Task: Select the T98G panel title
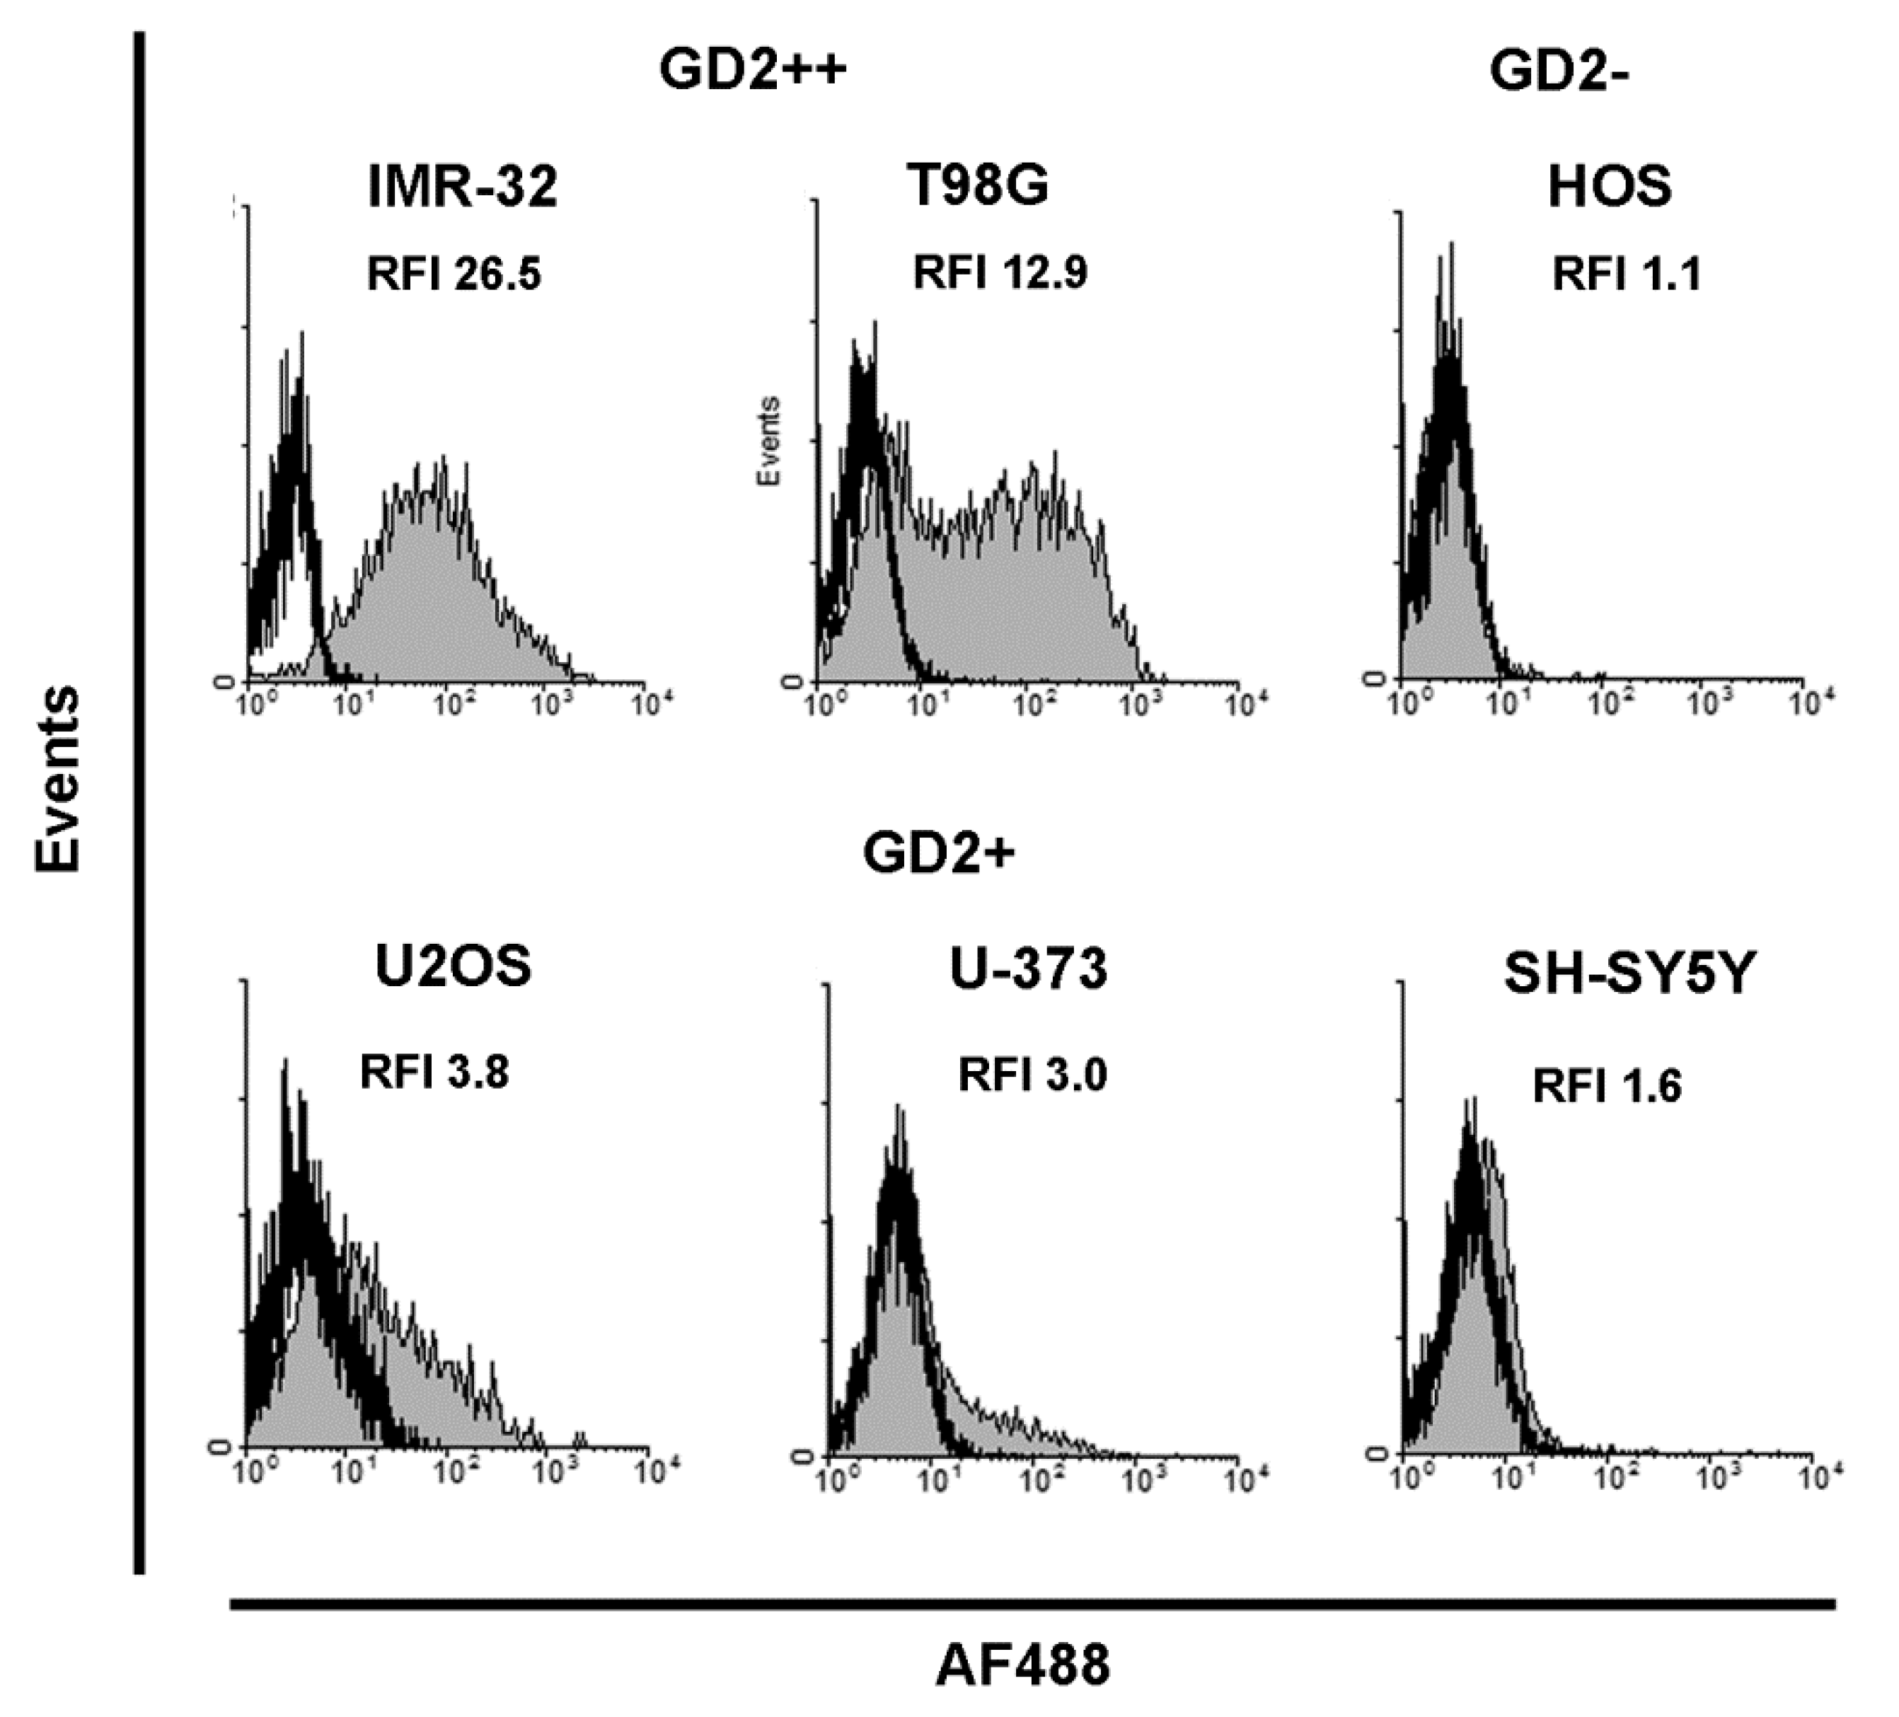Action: tap(979, 185)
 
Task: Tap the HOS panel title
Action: tap(1609, 187)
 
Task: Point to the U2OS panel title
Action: tap(453, 966)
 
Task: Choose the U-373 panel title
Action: tap(1028, 969)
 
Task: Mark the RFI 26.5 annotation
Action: tap(454, 275)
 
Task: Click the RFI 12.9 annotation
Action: tap(1000, 273)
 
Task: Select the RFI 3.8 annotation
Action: tap(434, 1072)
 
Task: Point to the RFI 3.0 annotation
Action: tap(1032, 1075)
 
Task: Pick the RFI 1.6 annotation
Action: tap(1607, 1086)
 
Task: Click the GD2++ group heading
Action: tap(753, 71)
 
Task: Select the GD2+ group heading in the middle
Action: tap(939, 853)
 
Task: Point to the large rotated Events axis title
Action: tap(59, 780)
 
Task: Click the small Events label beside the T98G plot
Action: tap(770, 441)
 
